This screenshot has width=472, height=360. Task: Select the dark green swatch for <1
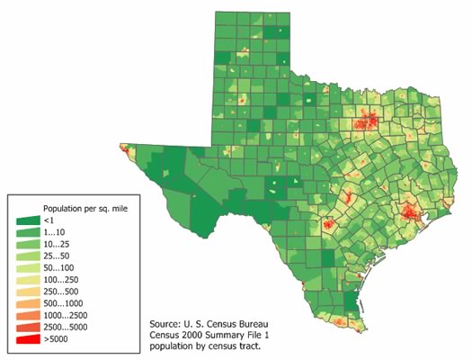point(28,220)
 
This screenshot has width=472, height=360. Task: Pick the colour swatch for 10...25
point(28,244)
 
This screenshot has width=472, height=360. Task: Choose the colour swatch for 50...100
point(28,268)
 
